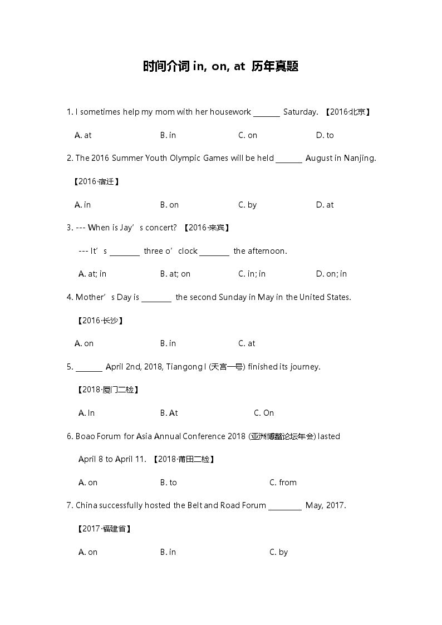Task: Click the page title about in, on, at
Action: (220, 67)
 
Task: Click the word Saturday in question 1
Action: (300, 112)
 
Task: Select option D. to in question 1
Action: (325, 135)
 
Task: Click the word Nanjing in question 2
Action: (360, 158)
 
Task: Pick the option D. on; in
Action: (331, 274)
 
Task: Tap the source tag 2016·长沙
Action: (99, 321)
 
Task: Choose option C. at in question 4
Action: (247, 343)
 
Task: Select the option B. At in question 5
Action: (169, 413)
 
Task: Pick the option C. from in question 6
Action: (283, 483)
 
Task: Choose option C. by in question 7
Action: (278, 552)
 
